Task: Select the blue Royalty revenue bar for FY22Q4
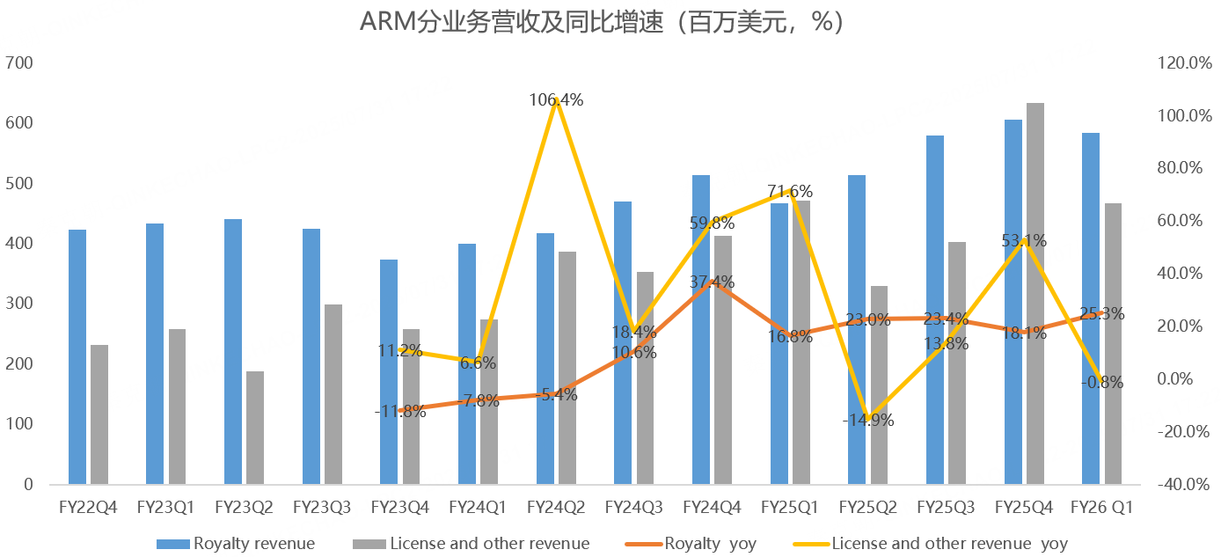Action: click(x=77, y=356)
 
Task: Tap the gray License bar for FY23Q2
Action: click(x=255, y=428)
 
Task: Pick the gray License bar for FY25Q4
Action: click(x=1035, y=293)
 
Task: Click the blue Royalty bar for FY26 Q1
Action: click(x=1090, y=308)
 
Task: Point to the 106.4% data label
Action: click(x=556, y=100)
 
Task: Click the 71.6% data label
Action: click(x=789, y=191)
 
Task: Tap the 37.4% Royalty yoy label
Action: click(x=712, y=282)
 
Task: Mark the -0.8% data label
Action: click(x=1100, y=382)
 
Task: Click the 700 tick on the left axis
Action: click(x=18, y=63)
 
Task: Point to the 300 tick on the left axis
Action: click(x=18, y=304)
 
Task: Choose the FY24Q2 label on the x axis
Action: click(x=556, y=508)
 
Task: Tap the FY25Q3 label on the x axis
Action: click(x=946, y=508)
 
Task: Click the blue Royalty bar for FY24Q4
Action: click(x=701, y=329)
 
